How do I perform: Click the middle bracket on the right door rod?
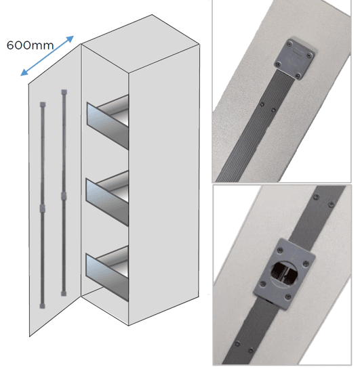tap(64, 196)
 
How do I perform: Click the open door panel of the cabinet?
tap(54, 203)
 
